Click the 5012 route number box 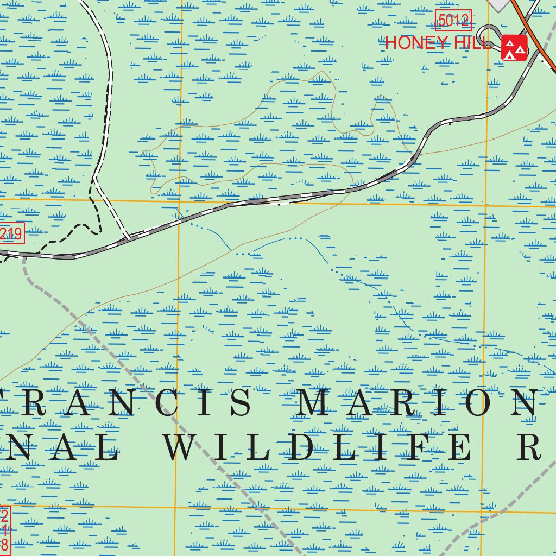click(x=453, y=21)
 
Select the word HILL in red click(x=471, y=43)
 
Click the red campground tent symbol click(x=514, y=48)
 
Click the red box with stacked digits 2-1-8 click(x=4, y=529)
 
